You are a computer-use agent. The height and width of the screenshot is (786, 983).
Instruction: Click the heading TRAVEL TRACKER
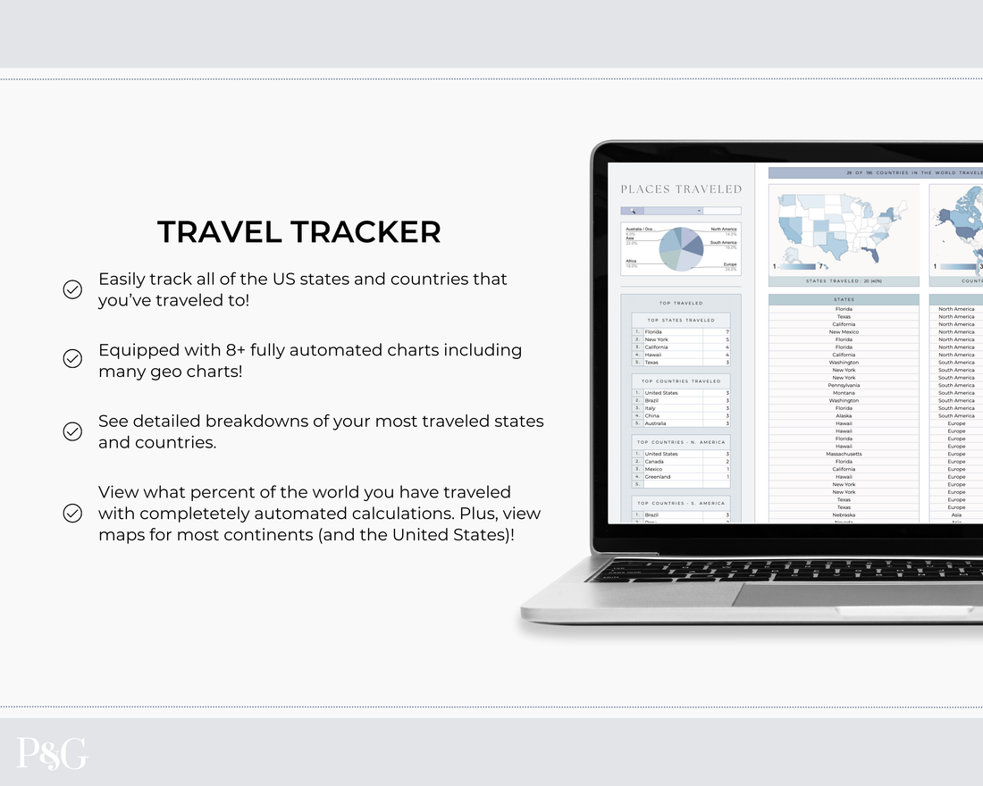[299, 232]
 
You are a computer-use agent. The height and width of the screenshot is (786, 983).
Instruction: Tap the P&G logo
[52, 753]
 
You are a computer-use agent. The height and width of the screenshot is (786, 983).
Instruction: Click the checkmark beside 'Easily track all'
[72, 289]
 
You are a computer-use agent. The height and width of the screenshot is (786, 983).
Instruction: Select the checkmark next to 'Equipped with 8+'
[72, 359]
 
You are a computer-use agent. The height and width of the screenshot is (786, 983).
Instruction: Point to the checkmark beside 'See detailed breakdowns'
[72, 431]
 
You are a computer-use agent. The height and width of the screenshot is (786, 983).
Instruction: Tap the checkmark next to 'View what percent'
[72, 514]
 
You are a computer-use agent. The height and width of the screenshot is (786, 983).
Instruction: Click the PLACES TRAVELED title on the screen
[681, 189]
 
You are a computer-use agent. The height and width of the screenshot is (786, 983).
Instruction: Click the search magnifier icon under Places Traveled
[633, 212]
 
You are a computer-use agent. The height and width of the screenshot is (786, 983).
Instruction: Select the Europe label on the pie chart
[729, 264]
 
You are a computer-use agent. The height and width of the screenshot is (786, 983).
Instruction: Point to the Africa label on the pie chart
[631, 261]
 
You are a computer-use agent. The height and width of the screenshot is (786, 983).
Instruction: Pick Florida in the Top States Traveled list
[653, 332]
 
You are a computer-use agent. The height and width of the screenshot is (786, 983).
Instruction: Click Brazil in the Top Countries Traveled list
[652, 401]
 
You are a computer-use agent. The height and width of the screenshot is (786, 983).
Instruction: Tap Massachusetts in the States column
[843, 454]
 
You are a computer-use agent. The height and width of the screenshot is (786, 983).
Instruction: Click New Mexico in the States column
[844, 332]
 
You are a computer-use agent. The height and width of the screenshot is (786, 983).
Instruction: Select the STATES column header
[844, 299]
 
